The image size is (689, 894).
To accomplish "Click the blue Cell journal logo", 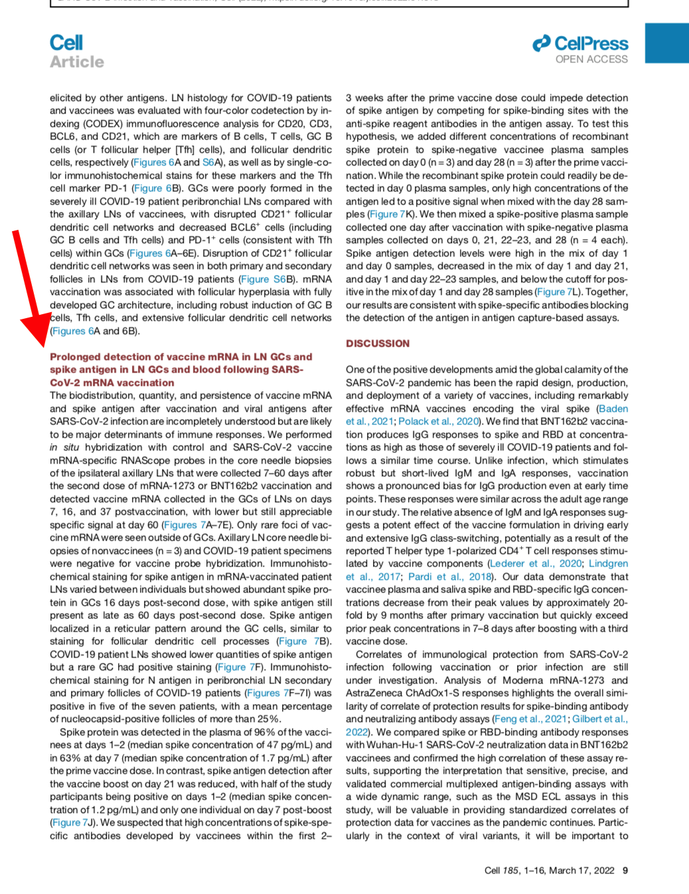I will [66, 43].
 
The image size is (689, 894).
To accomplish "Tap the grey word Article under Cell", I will [77, 62].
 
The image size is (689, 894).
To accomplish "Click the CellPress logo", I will [580, 44].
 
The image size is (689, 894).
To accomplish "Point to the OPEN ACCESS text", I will [591, 59].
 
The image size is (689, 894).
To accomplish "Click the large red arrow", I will [29, 286].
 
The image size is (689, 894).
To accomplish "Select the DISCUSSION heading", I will [378, 343].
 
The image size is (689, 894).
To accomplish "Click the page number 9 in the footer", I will [625, 870].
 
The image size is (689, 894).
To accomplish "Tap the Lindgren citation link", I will [608, 563].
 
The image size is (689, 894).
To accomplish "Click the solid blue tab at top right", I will [666, 43].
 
